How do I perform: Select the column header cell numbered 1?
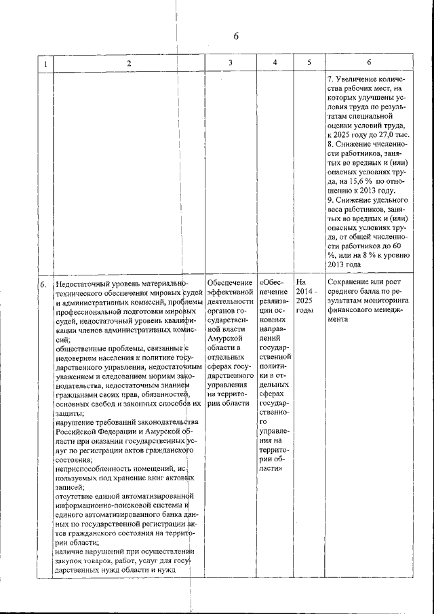[x=45, y=64]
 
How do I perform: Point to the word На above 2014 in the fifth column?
[x=302, y=282]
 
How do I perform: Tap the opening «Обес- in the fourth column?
[x=272, y=282]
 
